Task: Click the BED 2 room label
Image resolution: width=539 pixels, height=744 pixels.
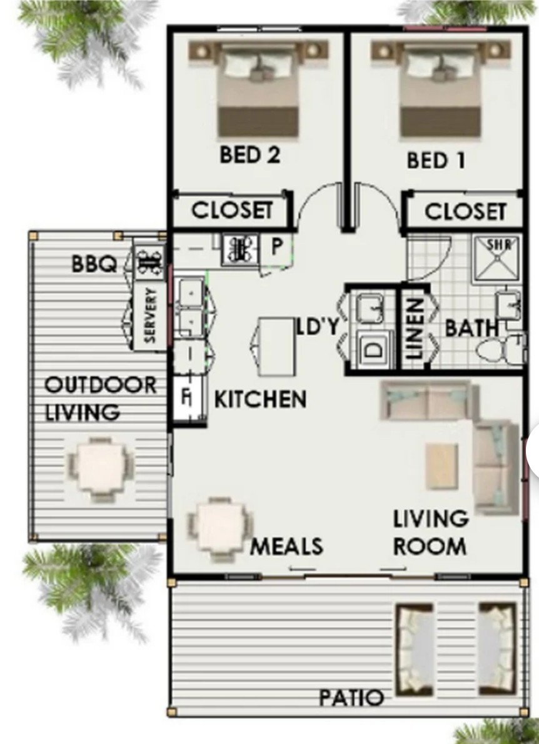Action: [x=249, y=155]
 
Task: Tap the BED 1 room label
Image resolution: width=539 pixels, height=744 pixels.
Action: [x=436, y=161]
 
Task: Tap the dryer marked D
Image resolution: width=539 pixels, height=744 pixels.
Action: [x=373, y=349]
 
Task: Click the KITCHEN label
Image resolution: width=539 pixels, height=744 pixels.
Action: [x=260, y=399]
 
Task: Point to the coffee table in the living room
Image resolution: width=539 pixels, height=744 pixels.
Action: [x=441, y=466]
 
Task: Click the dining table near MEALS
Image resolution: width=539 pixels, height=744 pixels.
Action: [x=220, y=525]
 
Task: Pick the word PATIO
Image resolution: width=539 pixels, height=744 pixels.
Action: [x=351, y=697]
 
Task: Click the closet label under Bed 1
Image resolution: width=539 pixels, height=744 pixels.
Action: [x=465, y=211]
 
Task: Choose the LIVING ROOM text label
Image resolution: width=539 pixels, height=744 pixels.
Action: [x=430, y=532]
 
